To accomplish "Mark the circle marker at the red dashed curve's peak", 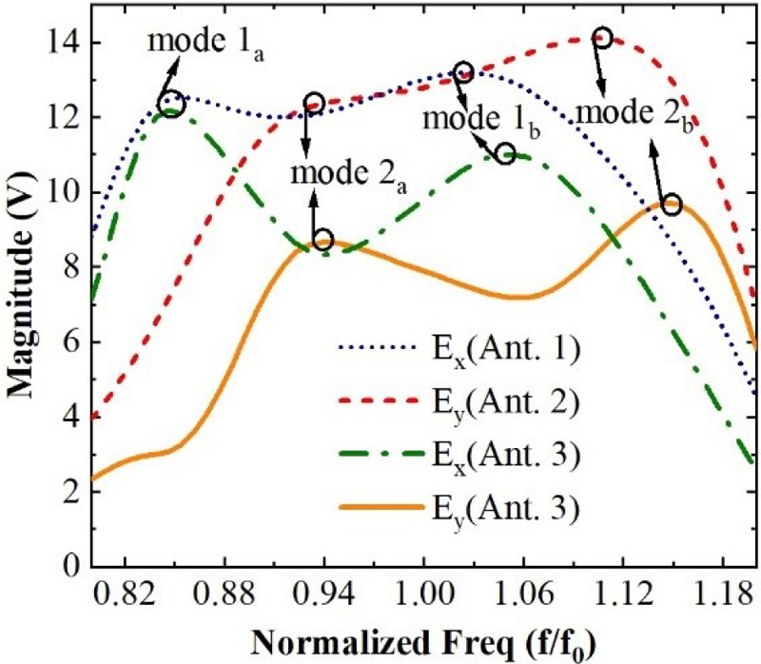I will [601, 38].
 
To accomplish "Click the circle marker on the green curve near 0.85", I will [172, 103].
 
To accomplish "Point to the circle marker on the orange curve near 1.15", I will [672, 205].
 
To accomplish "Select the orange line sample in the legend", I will [374, 510].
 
